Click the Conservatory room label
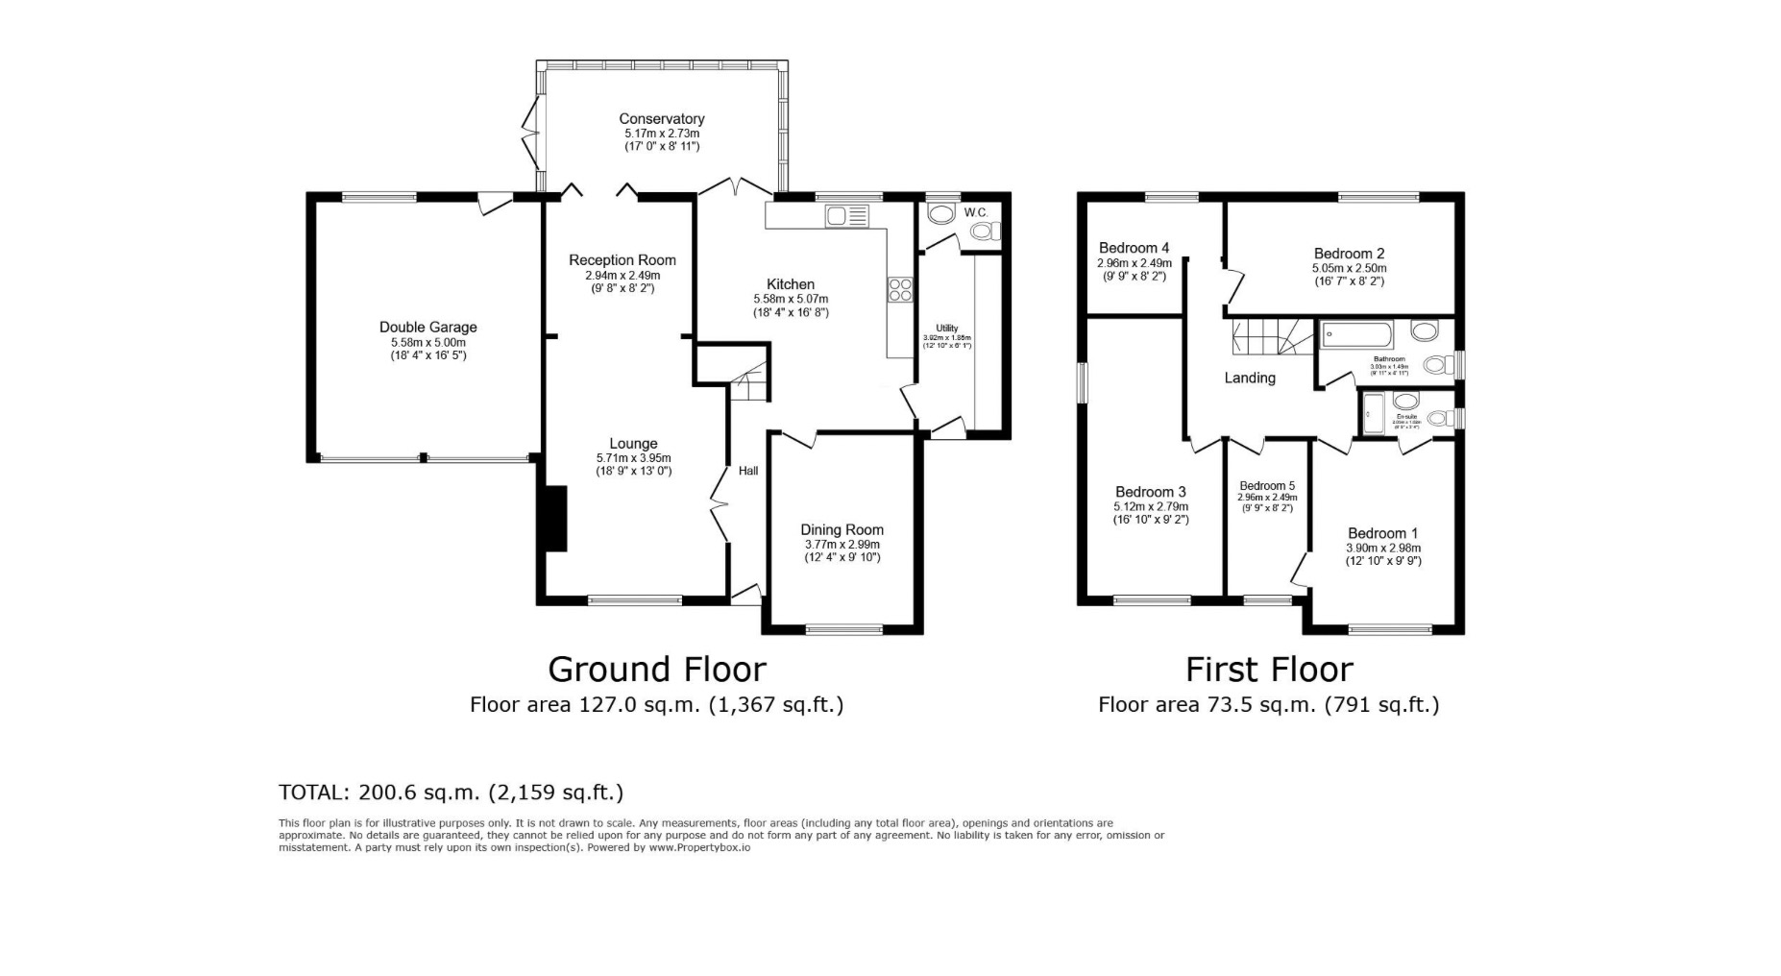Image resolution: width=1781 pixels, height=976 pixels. click(661, 119)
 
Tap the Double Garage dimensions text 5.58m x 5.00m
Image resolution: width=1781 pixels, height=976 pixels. click(427, 342)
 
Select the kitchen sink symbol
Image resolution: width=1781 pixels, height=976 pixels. click(845, 216)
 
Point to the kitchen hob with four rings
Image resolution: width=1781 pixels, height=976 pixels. click(900, 289)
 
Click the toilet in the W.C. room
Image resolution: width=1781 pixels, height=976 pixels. click(985, 231)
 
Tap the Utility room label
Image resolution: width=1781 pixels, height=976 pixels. click(946, 329)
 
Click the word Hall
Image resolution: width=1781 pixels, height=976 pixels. click(748, 471)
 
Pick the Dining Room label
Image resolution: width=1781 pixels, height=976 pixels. click(842, 529)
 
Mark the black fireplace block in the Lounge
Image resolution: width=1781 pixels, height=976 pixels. click(554, 519)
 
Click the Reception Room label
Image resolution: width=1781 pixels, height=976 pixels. click(622, 260)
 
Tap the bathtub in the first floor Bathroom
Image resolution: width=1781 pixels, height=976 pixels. click(1357, 334)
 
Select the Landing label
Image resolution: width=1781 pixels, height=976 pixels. click(1249, 378)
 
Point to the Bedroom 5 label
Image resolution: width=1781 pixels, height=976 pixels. click(1266, 486)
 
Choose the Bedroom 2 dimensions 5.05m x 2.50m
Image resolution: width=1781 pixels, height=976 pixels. click(1349, 269)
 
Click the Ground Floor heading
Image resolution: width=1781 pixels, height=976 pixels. click(656, 669)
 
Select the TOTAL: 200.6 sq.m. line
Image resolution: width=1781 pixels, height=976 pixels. click(451, 793)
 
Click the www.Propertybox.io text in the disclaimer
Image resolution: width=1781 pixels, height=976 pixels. click(699, 847)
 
